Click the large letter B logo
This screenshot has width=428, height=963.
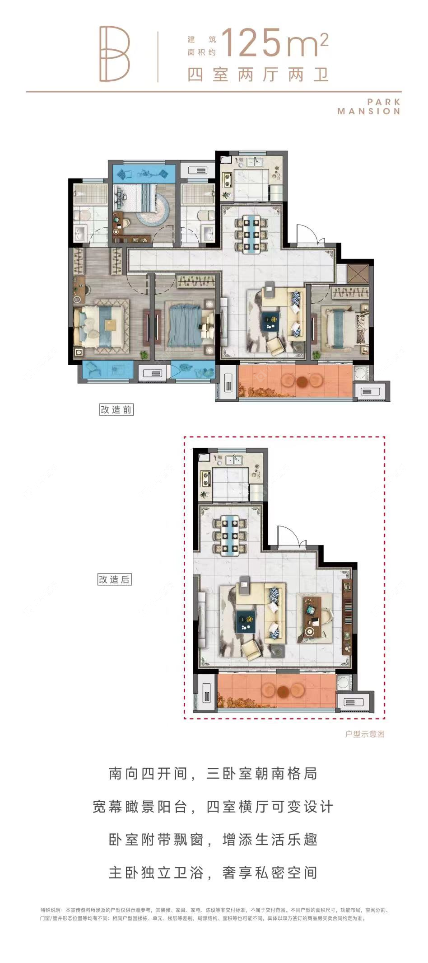click(x=115, y=54)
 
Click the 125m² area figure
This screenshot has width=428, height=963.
click(x=274, y=43)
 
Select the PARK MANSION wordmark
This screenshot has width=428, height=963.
click(x=369, y=107)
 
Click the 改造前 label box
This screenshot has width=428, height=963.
click(x=116, y=409)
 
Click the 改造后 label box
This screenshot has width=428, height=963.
click(x=114, y=579)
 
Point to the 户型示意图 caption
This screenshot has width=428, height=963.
click(x=365, y=734)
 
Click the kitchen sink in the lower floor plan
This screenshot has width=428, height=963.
click(x=234, y=461)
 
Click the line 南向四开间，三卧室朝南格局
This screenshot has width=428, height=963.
click(x=213, y=773)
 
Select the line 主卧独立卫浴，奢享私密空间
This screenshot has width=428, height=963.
click(x=213, y=872)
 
